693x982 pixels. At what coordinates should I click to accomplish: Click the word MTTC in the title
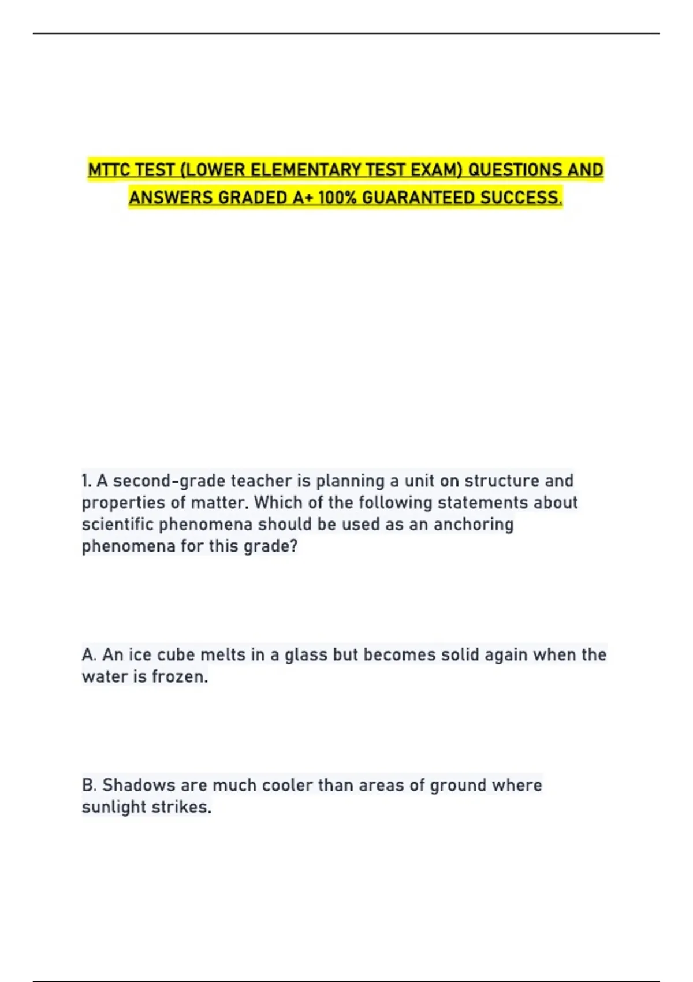click(109, 170)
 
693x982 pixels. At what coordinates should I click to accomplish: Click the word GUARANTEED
click(419, 198)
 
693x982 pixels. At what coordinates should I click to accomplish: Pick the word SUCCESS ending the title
click(521, 198)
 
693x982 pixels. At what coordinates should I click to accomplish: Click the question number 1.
click(86, 481)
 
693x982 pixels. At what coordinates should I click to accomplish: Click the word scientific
click(118, 525)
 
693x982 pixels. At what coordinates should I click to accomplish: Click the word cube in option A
click(176, 654)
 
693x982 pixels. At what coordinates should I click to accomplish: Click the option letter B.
click(89, 785)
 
